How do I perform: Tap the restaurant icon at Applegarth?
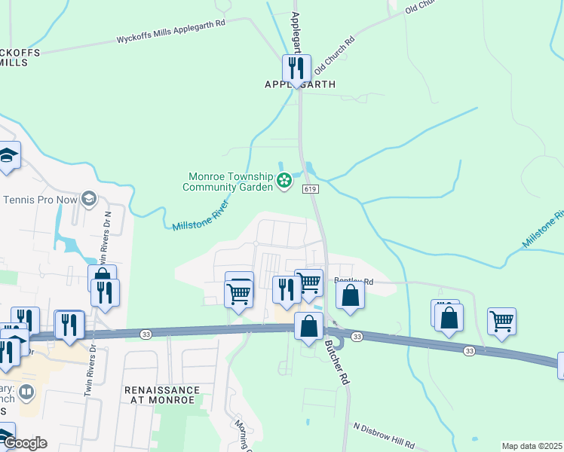[297, 69]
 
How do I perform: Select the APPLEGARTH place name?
[299, 84]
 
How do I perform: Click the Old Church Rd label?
[334, 53]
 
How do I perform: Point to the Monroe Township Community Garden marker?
[284, 180]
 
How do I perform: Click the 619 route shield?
[311, 189]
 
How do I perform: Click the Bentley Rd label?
[358, 282]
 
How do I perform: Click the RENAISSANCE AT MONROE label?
[162, 395]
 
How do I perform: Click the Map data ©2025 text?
[532, 446]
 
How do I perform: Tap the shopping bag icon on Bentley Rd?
[351, 295]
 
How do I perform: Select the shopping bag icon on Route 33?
[308, 326]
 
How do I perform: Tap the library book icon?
[26, 392]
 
